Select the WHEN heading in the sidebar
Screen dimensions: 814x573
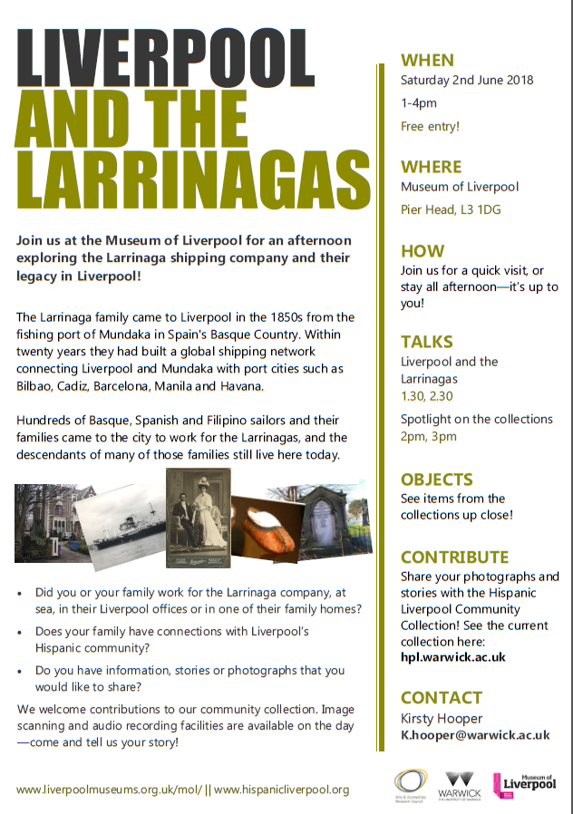427,61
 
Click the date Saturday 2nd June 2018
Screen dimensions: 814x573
467,80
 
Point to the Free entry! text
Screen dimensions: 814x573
430,127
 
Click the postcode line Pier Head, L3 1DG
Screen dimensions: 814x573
451,209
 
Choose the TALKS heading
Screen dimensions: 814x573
427,342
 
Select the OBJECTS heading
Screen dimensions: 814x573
437,480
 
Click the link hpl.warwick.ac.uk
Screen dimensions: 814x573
453,657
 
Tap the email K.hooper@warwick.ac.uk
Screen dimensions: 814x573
475,735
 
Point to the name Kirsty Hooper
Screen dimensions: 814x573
442,717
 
